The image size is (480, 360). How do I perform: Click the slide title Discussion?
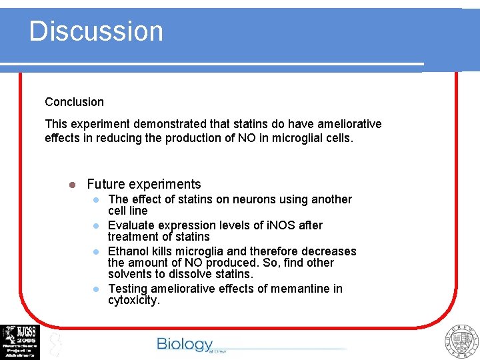(96, 31)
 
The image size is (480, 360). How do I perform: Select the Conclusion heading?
(74, 102)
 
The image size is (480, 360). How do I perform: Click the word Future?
(107, 184)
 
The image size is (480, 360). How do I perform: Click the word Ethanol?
(129, 251)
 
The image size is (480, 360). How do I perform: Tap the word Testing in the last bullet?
(129, 289)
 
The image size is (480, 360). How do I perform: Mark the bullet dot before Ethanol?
(96, 252)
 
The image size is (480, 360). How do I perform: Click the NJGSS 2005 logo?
(20, 341)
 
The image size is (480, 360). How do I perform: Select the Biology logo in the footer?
(185, 344)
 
